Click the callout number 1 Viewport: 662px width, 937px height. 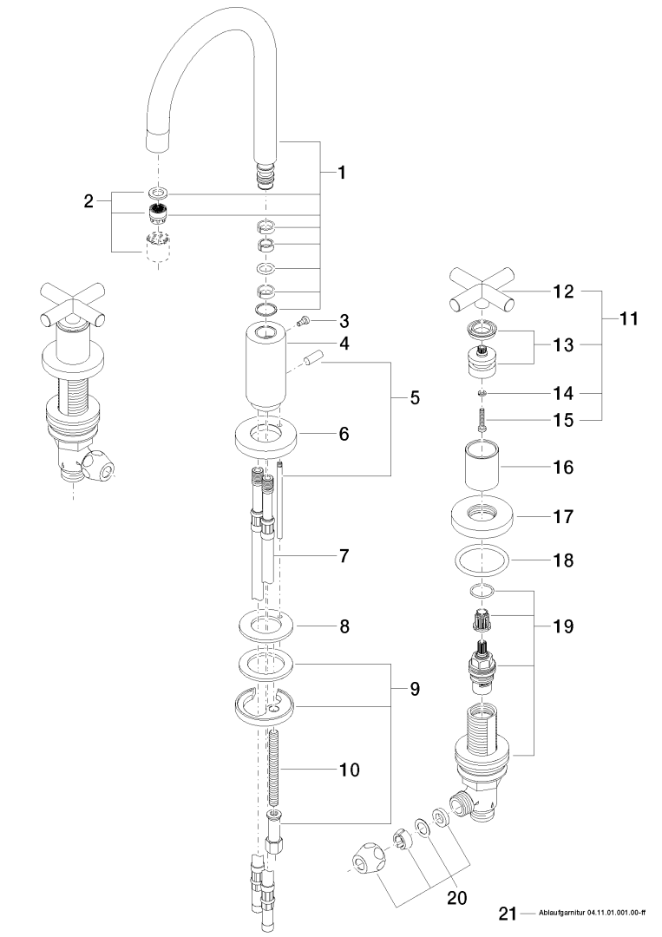pos(342,173)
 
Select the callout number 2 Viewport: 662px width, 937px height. pos(88,201)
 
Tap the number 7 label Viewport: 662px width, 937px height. pos(344,553)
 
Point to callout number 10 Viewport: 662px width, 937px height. pos(347,769)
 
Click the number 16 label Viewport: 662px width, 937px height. pos(563,468)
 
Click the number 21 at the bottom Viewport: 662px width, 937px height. pos(508,913)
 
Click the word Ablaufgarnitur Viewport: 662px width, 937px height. pos(561,914)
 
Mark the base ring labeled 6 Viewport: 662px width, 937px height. pos(265,435)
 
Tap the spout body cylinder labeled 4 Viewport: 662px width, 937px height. pos(265,364)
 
